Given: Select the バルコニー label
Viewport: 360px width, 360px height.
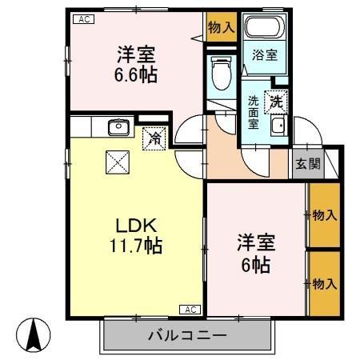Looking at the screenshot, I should coord(186,336).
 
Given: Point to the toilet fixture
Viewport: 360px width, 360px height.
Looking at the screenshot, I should coord(219,74).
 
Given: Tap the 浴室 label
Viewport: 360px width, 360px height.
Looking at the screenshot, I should coord(266,56).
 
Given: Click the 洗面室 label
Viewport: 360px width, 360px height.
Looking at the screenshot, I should coord(253,112).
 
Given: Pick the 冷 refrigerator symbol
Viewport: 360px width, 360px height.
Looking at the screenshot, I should coord(155,138).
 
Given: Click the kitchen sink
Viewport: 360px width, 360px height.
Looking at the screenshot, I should coord(118,127).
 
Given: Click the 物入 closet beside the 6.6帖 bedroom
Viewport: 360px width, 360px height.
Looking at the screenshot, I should coord(221,28).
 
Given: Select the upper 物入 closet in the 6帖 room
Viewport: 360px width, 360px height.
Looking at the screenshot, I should coord(323,215).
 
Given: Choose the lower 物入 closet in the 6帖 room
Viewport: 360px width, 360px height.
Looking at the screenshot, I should coord(323,284).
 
